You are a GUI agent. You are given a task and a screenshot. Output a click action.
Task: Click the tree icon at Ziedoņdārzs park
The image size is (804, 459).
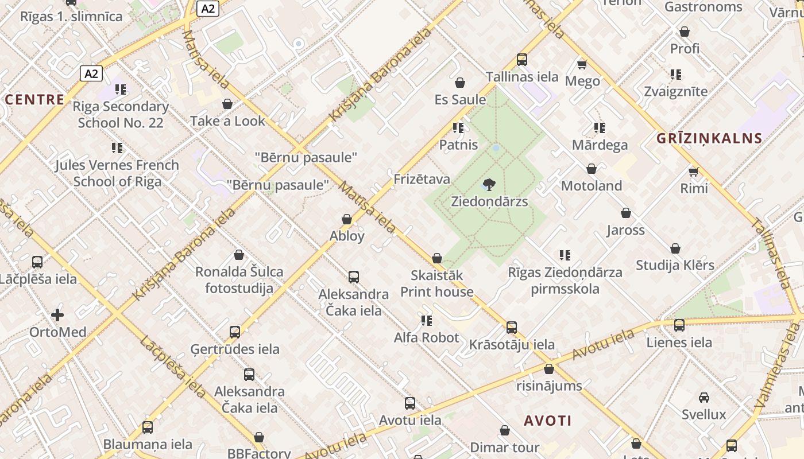pos(489,185)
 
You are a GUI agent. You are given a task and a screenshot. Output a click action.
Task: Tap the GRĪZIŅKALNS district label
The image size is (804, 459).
pos(710,138)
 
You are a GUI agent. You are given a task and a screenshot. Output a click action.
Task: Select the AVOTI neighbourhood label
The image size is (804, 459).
pos(547,421)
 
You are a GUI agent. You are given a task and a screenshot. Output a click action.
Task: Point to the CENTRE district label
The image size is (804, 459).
pos(35,99)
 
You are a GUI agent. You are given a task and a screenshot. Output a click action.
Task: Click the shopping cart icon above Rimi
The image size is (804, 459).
pos(694,172)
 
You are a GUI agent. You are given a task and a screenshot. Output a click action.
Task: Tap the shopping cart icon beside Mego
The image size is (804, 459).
pos(582,64)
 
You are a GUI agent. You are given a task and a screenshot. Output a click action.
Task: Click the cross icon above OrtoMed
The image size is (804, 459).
pos(57,315)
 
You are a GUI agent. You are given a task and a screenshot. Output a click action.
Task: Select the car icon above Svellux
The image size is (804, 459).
pos(703,397)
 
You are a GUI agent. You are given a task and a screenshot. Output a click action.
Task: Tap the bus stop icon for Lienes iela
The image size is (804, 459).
pos(679,325)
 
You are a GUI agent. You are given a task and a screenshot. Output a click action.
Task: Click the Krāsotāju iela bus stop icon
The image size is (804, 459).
pos(512,328)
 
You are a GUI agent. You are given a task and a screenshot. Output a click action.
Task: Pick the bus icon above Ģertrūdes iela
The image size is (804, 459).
pos(235,332)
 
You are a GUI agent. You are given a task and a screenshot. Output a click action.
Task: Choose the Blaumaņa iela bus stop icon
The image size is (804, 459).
pos(148,427)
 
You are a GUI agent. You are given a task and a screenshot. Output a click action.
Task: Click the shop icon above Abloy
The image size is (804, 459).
pos(347,219)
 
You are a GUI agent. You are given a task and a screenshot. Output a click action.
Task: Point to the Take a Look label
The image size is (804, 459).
pos(228,121)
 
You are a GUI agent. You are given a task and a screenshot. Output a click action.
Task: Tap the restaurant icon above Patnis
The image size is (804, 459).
pos(458,128)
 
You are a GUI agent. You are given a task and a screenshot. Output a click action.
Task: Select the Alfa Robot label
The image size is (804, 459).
pos(427,338)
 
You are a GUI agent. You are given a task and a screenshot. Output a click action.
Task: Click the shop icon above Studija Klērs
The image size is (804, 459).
pos(675,248)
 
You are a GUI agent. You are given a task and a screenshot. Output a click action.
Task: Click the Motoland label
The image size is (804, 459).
pos(592,186)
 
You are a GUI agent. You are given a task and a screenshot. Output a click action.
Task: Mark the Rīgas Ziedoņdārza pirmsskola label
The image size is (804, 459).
pos(565,280)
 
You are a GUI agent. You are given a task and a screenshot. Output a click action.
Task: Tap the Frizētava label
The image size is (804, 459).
pos(422,180)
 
